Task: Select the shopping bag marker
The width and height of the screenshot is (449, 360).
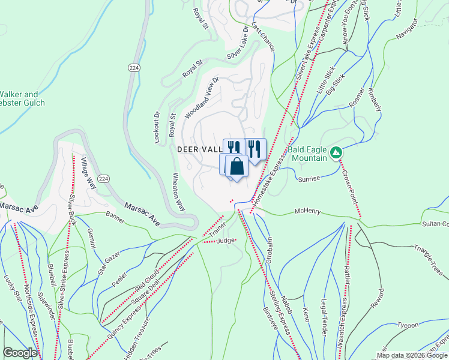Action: (237, 166)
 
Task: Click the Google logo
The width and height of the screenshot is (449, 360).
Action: (20, 353)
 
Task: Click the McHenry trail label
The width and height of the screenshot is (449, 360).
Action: (307, 212)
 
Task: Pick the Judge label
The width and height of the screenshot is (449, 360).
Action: (226, 241)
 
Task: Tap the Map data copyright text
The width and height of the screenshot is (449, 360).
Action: (411, 355)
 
